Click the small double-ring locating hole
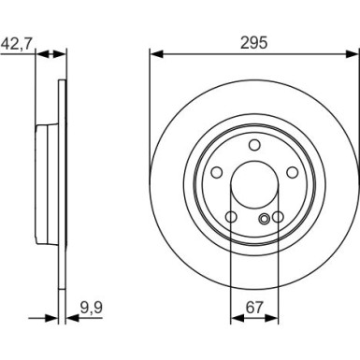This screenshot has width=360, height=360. coord(266,219)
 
